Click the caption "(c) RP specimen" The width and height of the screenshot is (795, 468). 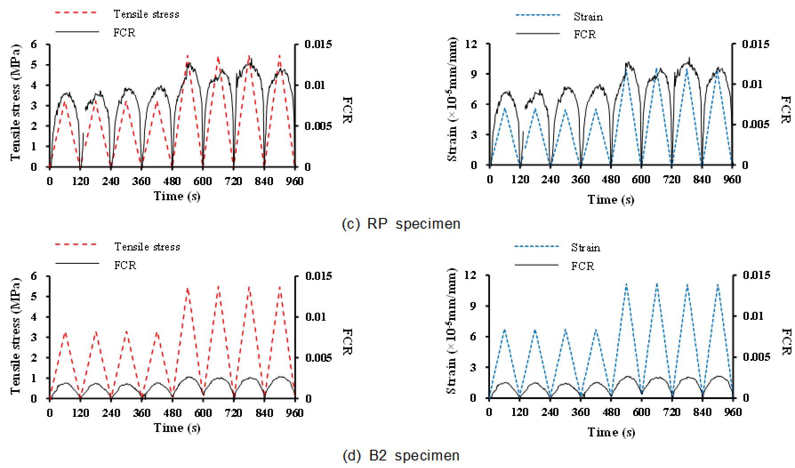click(x=401, y=223)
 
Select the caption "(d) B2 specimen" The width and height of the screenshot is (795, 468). click(x=401, y=456)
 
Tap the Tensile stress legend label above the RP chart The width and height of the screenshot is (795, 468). click(x=146, y=14)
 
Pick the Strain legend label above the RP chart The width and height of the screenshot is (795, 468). click(x=588, y=17)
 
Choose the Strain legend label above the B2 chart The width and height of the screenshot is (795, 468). click(x=586, y=247)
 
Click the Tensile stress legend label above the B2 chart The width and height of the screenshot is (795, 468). click(x=147, y=247)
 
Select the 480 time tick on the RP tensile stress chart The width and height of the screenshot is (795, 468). click(x=172, y=181)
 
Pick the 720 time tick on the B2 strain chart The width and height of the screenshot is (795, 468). click(x=671, y=412)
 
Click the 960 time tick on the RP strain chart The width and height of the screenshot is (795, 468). click(x=732, y=179)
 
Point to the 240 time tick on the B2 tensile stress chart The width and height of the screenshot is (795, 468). click(x=111, y=413)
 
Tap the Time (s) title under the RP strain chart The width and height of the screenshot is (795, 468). click(x=610, y=199)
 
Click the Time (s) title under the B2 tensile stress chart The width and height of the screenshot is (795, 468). click(x=177, y=428)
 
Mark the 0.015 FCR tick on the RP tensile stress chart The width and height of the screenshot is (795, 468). click(x=318, y=44)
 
